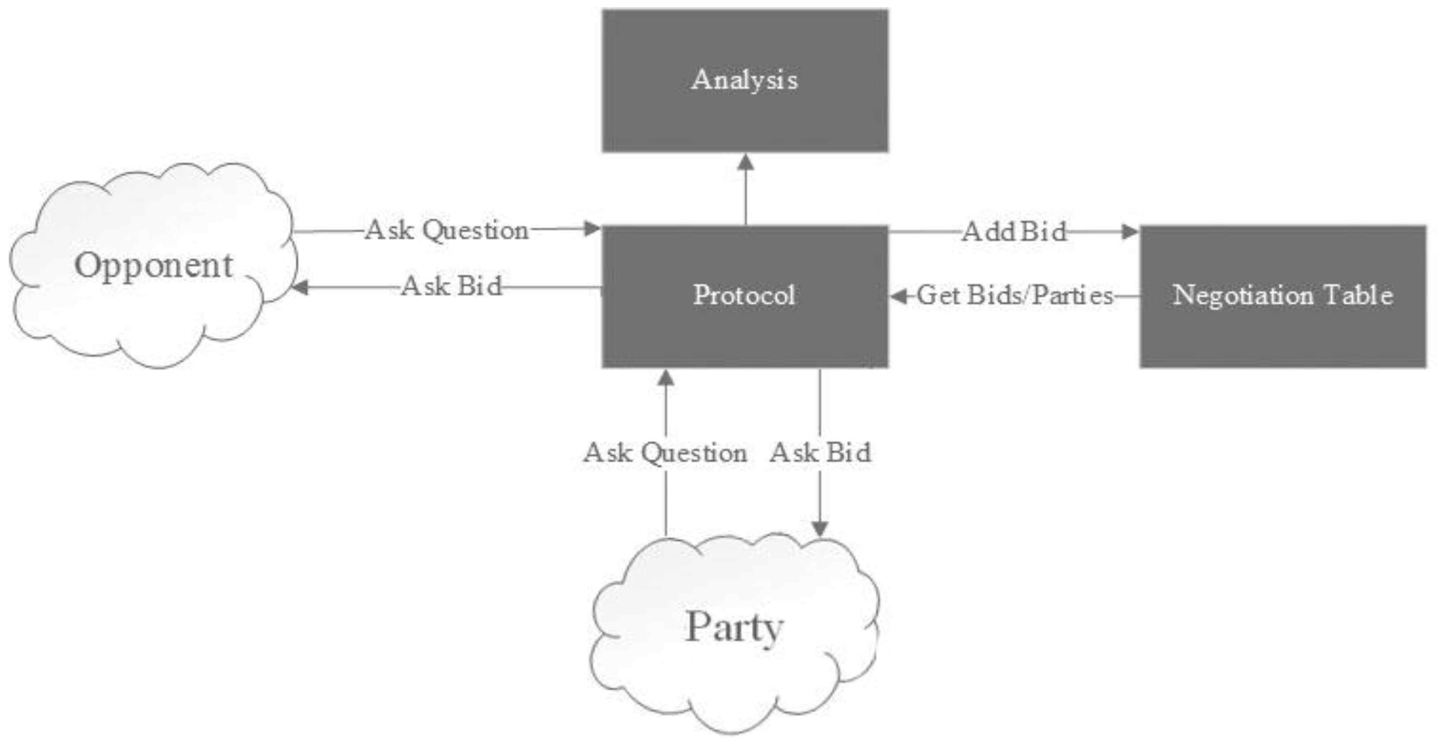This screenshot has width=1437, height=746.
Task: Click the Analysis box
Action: tap(745, 80)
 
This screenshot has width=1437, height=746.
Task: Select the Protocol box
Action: tap(745, 295)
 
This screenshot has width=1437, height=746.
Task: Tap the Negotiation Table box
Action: tap(1282, 295)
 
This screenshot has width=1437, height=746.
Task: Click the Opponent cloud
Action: tap(153, 265)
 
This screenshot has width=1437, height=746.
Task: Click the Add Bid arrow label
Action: tap(1014, 231)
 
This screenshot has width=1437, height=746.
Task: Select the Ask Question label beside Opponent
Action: tap(447, 230)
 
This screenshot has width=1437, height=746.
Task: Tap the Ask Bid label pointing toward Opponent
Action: tap(451, 287)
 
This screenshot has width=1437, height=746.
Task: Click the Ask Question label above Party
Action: tap(665, 453)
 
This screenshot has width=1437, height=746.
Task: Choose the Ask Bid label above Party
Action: tap(820, 453)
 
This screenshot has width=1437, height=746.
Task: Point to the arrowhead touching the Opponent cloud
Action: tap(301, 288)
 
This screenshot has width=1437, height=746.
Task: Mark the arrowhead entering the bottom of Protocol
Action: tap(666, 378)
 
